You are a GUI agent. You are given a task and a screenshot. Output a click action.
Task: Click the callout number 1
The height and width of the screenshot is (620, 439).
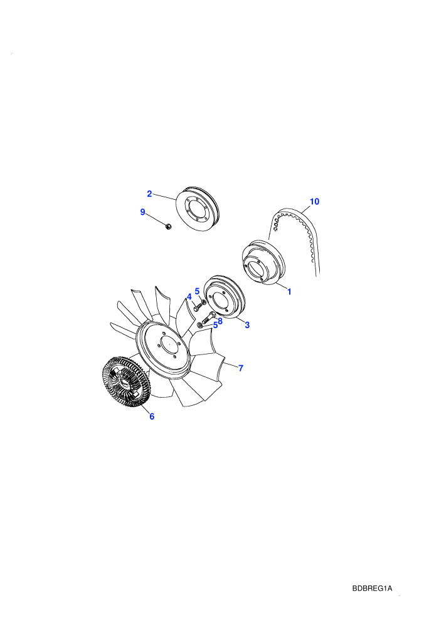tap(289, 292)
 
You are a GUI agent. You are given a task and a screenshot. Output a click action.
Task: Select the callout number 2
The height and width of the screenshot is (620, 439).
tap(149, 194)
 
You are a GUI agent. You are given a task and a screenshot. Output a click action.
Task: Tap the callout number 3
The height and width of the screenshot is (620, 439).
tap(247, 325)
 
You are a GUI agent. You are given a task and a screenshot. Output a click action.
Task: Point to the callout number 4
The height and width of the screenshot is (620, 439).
tap(189, 297)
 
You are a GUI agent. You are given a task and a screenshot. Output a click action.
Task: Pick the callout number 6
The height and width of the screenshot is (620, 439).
tap(152, 416)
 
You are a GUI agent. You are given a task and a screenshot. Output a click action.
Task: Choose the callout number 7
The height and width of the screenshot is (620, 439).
tap(241, 368)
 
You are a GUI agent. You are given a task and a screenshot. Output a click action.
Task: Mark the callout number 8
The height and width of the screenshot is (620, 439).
tap(220, 321)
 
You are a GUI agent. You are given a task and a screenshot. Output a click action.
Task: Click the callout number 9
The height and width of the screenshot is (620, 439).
tap(142, 212)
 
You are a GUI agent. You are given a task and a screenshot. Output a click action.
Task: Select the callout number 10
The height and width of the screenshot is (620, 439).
tap(314, 202)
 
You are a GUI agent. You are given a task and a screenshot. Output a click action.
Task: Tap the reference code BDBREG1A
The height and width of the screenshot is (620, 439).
tap(372, 588)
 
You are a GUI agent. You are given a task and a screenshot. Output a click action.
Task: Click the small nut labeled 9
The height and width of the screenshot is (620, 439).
tap(168, 227)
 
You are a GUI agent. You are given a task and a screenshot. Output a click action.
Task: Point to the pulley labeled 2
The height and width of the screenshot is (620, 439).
tap(197, 209)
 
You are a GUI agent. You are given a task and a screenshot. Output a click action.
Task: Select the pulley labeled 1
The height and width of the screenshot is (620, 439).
tap(263, 262)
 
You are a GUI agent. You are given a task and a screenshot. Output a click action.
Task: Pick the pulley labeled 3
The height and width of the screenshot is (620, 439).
tap(225, 297)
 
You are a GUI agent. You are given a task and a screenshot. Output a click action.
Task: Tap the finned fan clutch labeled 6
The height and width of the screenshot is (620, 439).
tap(124, 382)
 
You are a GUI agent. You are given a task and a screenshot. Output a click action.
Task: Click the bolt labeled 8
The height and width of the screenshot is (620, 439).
tap(209, 317)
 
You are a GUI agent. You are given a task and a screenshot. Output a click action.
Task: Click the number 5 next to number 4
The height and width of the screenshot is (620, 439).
tap(197, 292)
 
